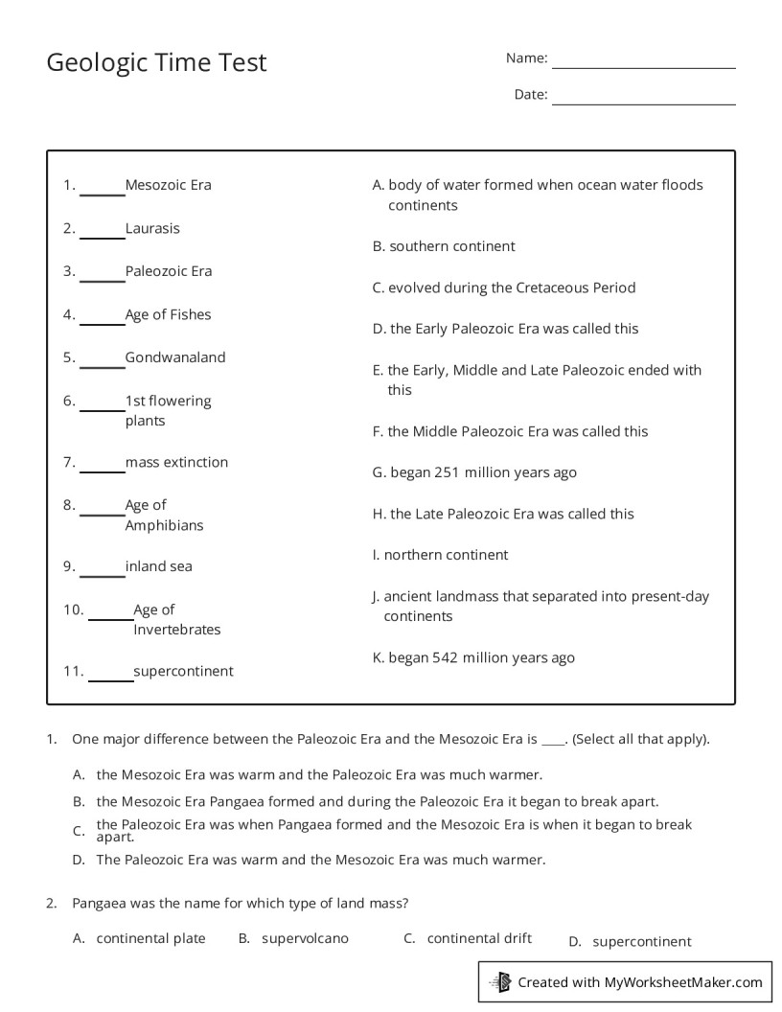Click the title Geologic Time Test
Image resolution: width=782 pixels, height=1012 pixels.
click(156, 62)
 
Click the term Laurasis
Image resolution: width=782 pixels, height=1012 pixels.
click(152, 229)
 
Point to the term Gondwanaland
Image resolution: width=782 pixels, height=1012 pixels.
click(175, 357)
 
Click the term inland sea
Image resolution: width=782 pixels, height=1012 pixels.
click(158, 566)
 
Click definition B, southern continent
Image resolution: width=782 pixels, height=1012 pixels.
click(444, 246)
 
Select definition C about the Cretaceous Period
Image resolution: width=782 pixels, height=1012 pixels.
click(504, 287)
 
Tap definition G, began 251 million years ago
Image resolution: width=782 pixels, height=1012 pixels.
click(474, 472)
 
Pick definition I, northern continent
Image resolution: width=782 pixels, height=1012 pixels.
click(441, 555)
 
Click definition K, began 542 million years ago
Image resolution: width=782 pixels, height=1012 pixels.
click(473, 657)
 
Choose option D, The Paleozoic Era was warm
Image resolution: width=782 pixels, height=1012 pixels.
click(320, 860)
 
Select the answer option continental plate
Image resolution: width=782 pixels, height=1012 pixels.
click(150, 938)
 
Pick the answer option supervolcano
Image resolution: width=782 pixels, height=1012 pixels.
click(305, 938)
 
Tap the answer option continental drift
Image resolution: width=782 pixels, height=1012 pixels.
click(479, 938)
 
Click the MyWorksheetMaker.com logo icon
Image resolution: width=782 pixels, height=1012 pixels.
click(500, 981)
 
